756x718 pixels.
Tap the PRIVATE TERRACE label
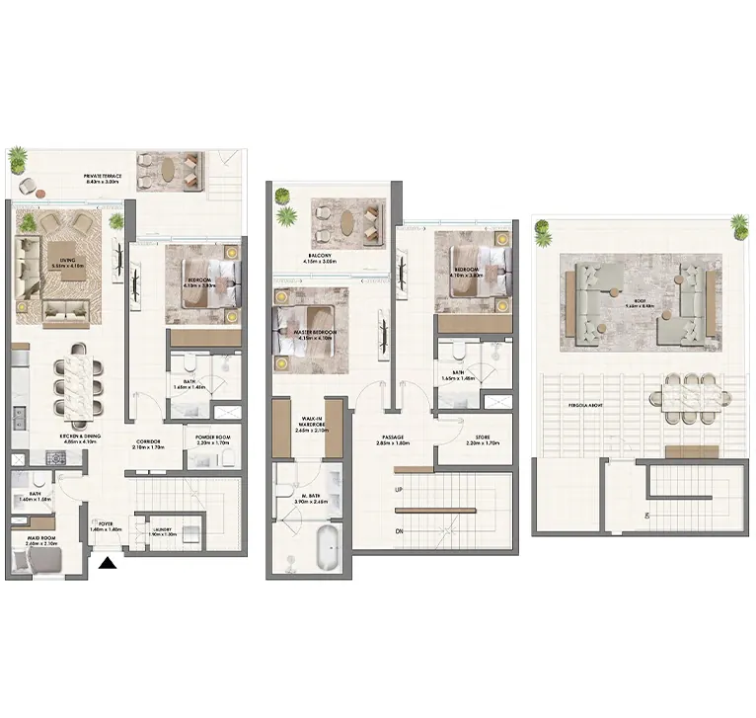(x=104, y=179)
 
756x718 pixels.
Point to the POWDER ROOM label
(x=214, y=441)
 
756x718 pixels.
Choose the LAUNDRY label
(x=162, y=530)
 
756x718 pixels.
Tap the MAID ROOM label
(x=40, y=540)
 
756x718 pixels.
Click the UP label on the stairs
(x=398, y=489)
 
